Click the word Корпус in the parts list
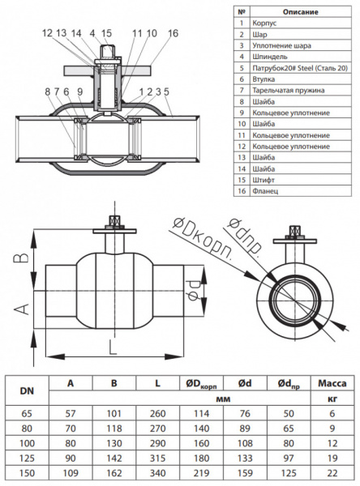264,23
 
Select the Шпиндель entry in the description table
270,57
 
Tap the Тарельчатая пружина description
289,91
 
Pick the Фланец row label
265,191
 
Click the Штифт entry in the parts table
264,180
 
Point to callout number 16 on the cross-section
174,33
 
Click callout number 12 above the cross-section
48,33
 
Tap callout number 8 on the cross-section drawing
48,92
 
